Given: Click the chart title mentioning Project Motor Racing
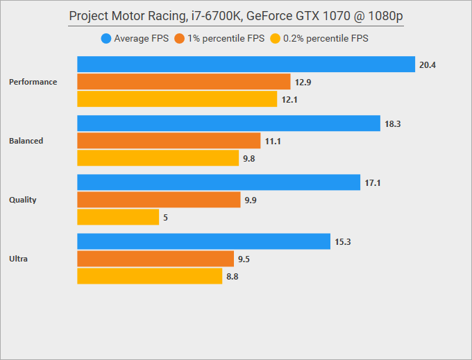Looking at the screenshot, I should pyautogui.click(x=236, y=16).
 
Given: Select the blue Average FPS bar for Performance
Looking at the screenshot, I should pyautogui.click(x=246, y=65).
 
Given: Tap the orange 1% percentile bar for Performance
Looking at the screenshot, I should pyautogui.click(x=183, y=82).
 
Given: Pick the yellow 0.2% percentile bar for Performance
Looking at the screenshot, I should pyautogui.click(x=177, y=99).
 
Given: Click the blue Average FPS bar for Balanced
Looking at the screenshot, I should pyautogui.click(x=228, y=123).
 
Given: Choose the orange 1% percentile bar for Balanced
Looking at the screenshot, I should pyautogui.click(x=169, y=141).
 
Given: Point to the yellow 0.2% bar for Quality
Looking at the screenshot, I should pyautogui.click(x=118, y=217).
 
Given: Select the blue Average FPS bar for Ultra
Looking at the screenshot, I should pyautogui.click(x=203, y=241).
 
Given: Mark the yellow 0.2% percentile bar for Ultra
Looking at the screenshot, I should pyautogui.click(x=149, y=276).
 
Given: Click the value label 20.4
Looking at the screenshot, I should pyautogui.click(x=427, y=65).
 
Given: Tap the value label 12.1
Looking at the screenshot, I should pyautogui.click(x=289, y=100).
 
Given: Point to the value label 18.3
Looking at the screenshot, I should pyautogui.click(x=392, y=124).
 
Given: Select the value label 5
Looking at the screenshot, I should pyautogui.click(x=165, y=218).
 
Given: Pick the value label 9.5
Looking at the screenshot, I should pyautogui.click(x=244, y=259).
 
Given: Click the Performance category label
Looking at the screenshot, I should pyautogui.click(x=33, y=82).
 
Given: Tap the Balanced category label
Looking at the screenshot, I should pyautogui.click(x=26, y=141).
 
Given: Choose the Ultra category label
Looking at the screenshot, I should pyautogui.click(x=18, y=259).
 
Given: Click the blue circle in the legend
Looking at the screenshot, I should pyautogui.click(x=106, y=39).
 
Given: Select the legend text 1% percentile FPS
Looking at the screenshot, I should pyautogui.click(x=226, y=39).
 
